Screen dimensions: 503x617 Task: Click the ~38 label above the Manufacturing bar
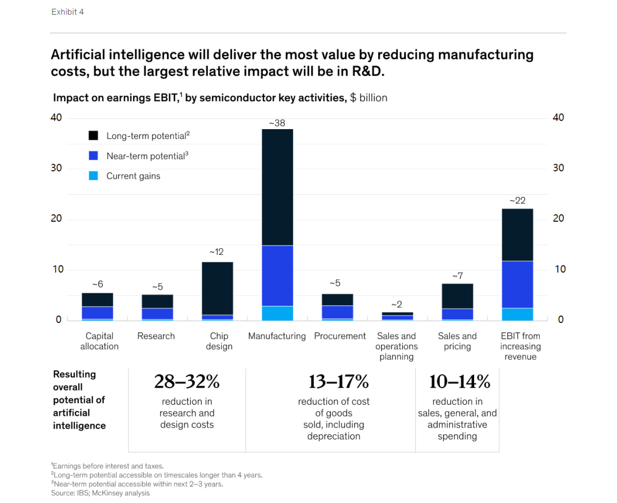pos(277,123)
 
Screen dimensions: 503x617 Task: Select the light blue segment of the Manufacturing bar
pos(277,313)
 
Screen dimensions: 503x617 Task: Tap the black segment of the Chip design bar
pos(217,288)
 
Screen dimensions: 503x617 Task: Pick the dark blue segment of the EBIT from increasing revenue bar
pos(517,285)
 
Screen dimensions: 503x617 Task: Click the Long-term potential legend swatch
pos(94,136)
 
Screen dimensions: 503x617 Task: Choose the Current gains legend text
pos(133,176)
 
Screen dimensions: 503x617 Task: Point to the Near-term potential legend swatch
pos(94,156)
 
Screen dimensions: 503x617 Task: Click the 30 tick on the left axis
pos(57,168)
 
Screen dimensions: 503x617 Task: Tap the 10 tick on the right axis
pos(560,269)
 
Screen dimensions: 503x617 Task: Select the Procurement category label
pos(340,336)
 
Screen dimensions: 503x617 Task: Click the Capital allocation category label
pos(99,341)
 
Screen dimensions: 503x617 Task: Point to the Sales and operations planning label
pos(396,346)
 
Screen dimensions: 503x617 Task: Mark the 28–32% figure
pos(187,381)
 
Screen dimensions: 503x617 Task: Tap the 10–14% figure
pos(459,381)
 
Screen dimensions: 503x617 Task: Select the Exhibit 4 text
pos(67,12)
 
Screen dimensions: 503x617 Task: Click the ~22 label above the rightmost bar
pos(517,201)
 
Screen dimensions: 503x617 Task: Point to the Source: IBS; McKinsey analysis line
pos(100,493)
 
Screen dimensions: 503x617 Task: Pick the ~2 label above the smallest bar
pos(396,305)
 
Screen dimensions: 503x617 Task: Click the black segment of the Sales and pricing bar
pos(457,296)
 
